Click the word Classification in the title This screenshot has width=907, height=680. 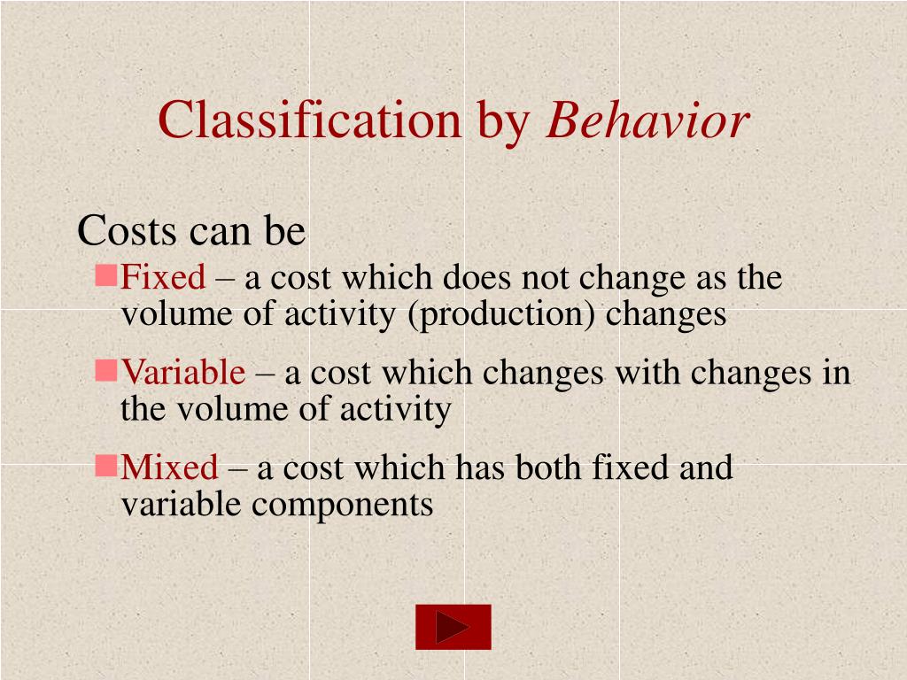[309, 120]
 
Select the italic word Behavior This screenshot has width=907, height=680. [647, 120]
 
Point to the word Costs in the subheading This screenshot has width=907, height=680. [127, 232]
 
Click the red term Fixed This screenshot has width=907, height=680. [163, 278]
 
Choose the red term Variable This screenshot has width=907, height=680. [183, 373]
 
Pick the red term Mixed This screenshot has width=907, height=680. [169, 467]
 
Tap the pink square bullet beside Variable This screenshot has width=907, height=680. [106, 370]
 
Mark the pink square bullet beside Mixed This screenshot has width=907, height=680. [106, 464]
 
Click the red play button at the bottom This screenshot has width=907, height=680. [453, 627]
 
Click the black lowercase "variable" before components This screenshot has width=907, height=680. [181, 505]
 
